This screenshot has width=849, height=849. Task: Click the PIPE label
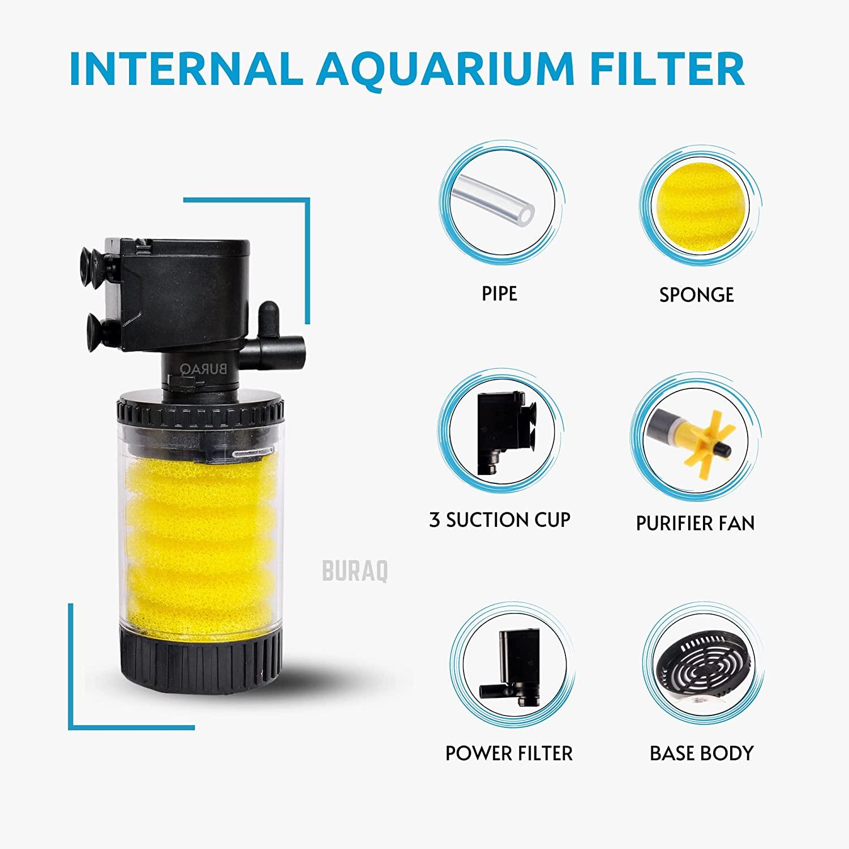click(x=499, y=294)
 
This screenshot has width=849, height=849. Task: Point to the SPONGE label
click(x=696, y=295)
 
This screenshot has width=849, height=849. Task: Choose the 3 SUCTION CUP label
click(x=499, y=520)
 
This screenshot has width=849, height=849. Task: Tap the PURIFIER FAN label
click(x=695, y=523)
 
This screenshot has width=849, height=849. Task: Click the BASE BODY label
click(x=701, y=753)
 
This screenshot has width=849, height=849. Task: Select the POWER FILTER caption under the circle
click(x=509, y=753)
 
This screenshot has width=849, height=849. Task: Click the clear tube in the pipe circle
click(x=498, y=204)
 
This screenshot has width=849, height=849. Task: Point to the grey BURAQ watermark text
click(x=355, y=571)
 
